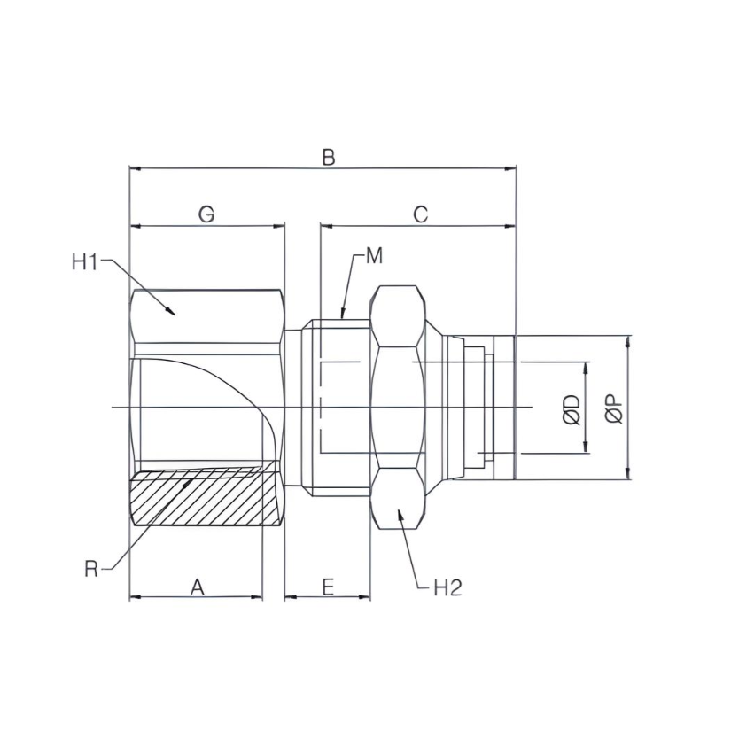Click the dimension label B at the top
pyautogui.click(x=328, y=157)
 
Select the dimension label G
pyautogui.click(x=206, y=214)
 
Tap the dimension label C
pyautogui.click(x=420, y=214)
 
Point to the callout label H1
pyautogui.click(x=86, y=261)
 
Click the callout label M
pyautogui.click(x=374, y=256)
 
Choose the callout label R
pyautogui.click(x=91, y=569)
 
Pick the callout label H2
pyautogui.click(x=447, y=587)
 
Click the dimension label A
pyautogui.click(x=198, y=586)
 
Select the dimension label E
pyautogui.click(x=327, y=587)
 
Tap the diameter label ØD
pyautogui.click(x=571, y=408)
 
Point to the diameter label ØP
pyautogui.click(x=612, y=408)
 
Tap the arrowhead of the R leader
pyautogui.click(x=192, y=479)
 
